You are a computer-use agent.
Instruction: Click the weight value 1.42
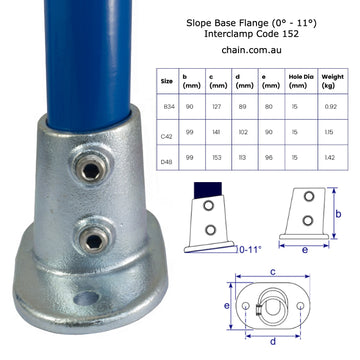pos(334,158)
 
